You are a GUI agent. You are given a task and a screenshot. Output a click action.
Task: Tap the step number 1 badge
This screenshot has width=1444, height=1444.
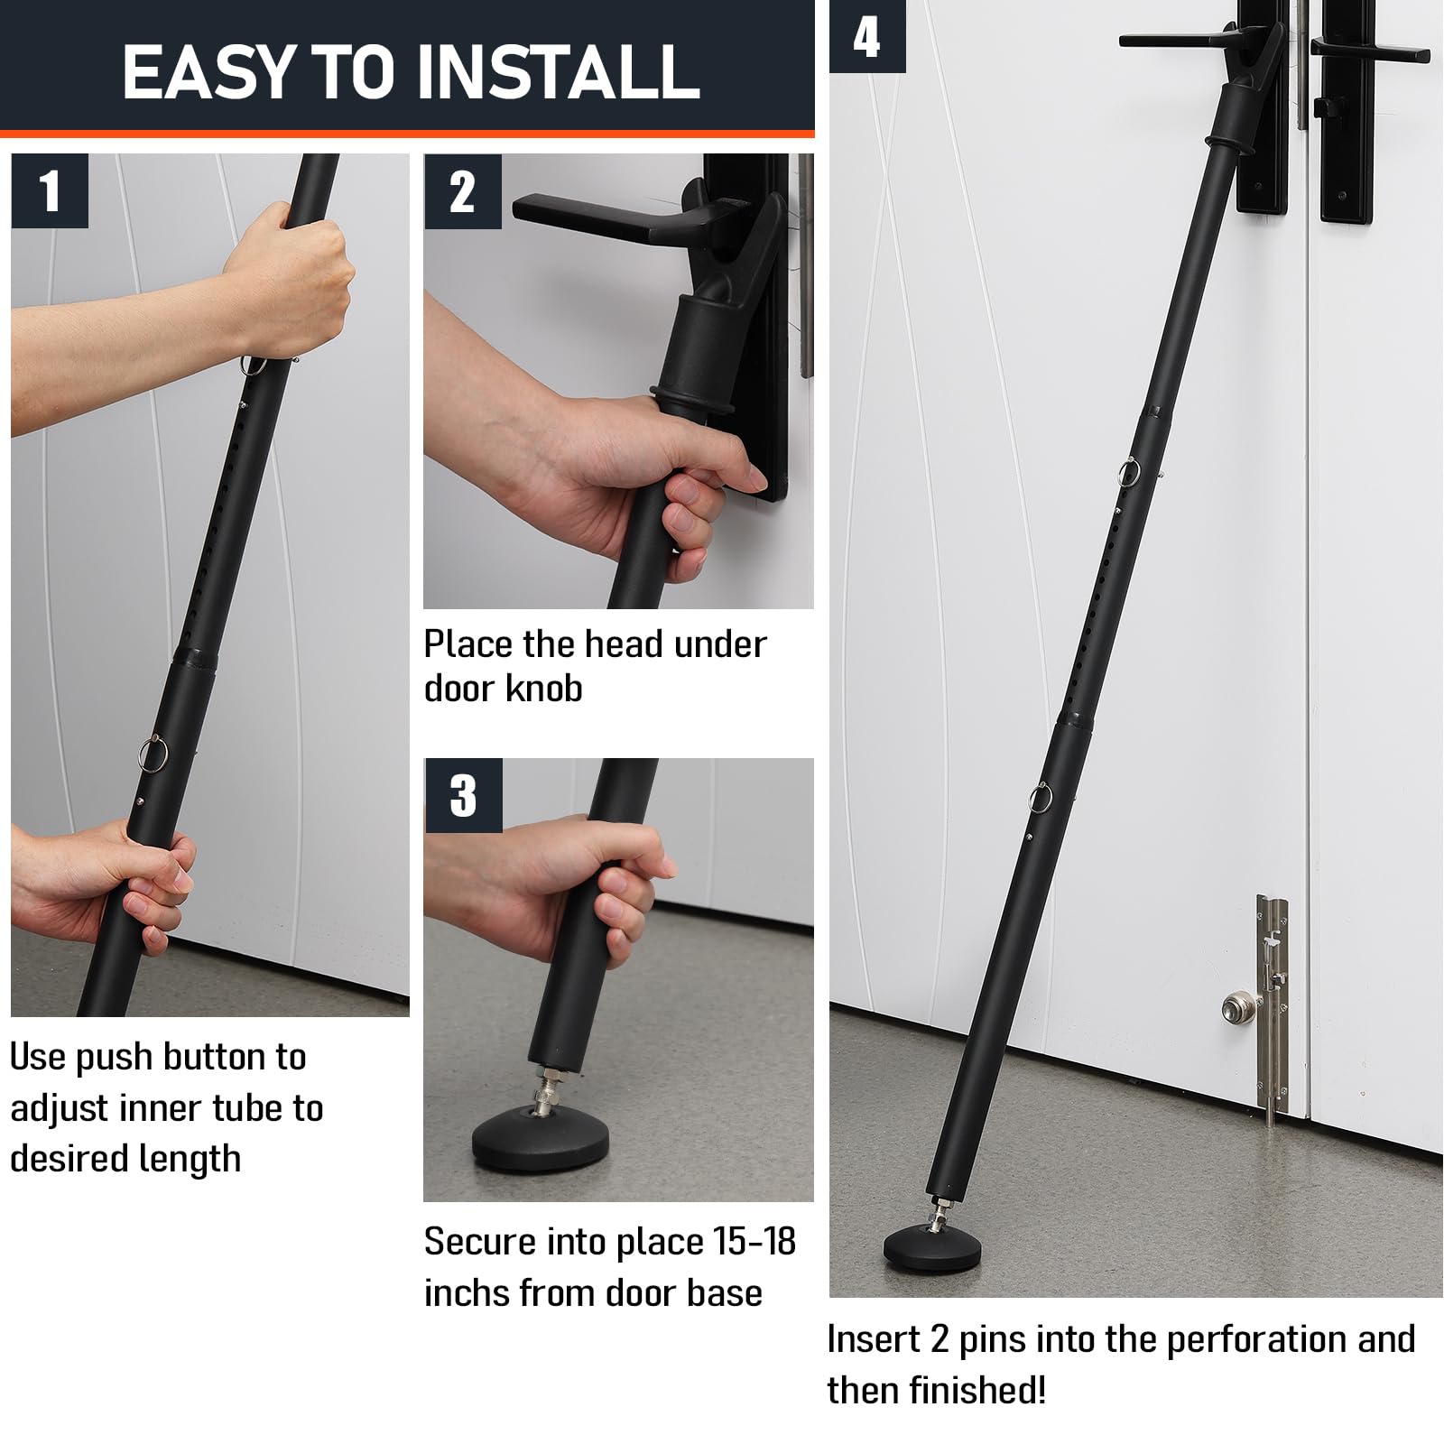50,191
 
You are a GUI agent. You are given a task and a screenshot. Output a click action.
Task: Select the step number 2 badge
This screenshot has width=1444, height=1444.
462,191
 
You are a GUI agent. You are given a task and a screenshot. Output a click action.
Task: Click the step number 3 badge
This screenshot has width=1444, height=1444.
462,795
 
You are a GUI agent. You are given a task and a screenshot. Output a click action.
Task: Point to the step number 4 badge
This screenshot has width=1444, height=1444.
866,37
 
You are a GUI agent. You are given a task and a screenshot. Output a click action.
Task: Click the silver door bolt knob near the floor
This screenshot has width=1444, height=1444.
1236,1007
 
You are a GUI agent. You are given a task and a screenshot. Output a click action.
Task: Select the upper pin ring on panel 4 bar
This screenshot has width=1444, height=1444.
1129,473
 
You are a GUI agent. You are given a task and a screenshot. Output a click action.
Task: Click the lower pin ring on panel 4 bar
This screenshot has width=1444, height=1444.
1041,798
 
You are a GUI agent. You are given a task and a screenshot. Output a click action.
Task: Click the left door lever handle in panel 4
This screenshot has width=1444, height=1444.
1173,42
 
